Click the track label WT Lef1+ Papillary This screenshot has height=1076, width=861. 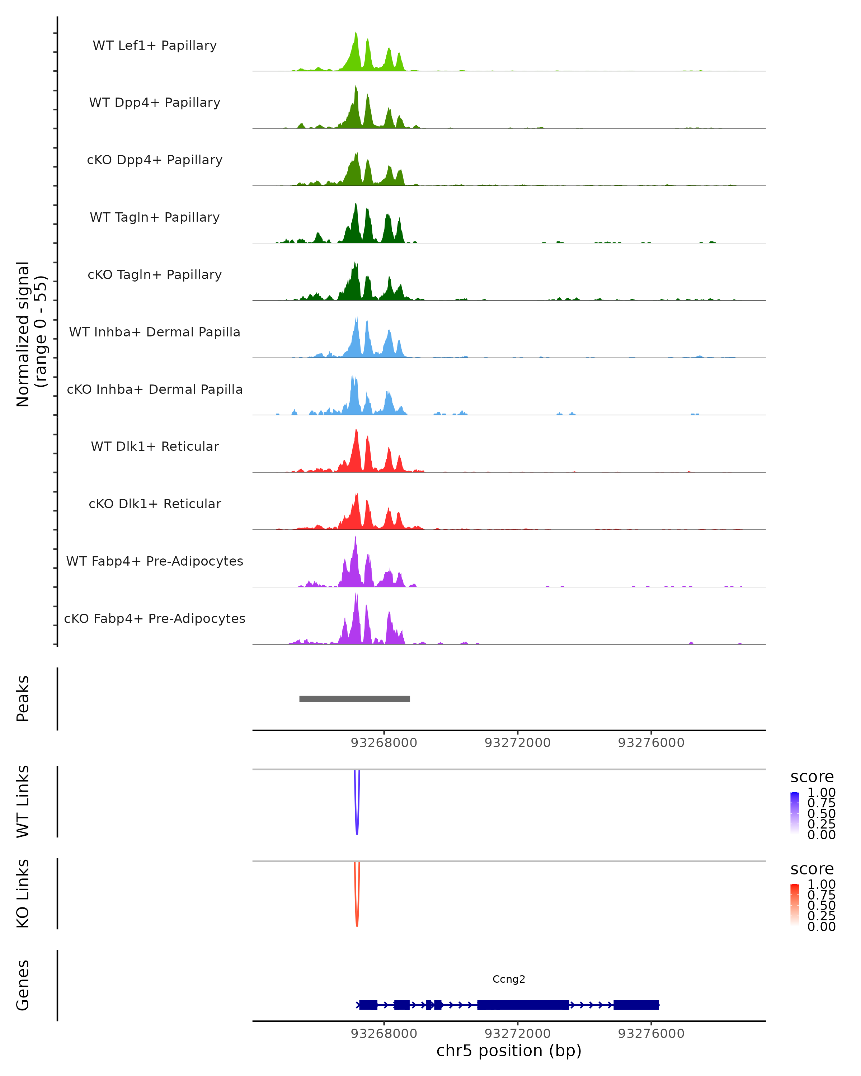pos(155,46)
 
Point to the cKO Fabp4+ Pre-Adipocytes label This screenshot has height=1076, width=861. pos(155,618)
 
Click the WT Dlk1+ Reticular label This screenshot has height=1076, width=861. pos(155,446)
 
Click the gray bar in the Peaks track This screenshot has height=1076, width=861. pos(354,699)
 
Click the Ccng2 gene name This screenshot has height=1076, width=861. pos(509,979)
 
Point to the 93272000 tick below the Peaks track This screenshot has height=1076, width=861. pos(518,743)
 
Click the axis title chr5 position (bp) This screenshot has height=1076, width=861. pos(509,1051)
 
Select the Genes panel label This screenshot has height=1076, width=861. pos(23,985)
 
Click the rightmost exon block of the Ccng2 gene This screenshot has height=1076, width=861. pos(636,1005)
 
